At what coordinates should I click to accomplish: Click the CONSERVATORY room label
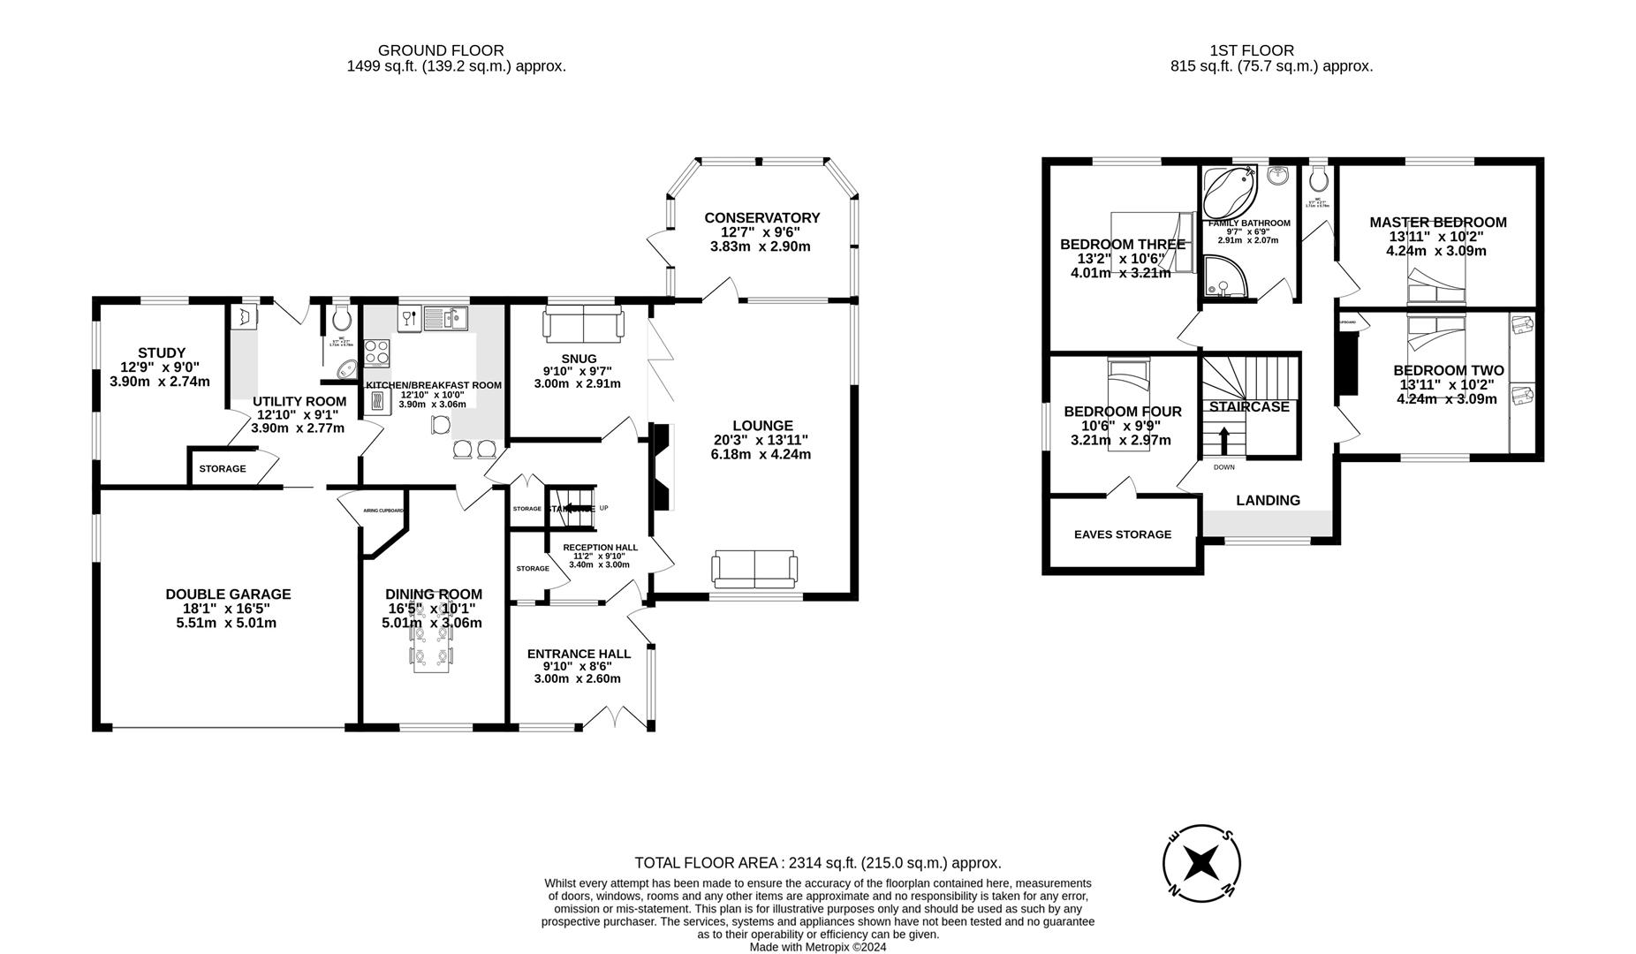761,218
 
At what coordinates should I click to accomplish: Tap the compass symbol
1201,863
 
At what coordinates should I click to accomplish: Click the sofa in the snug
582,324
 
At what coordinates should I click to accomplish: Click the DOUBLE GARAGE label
228,594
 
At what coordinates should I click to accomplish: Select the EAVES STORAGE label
1122,534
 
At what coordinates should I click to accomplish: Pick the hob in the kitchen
377,352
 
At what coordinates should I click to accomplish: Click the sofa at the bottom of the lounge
754,570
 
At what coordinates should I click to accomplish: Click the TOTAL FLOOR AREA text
817,863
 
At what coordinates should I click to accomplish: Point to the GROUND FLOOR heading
440,50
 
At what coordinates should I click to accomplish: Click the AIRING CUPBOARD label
383,511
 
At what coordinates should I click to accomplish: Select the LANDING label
1268,500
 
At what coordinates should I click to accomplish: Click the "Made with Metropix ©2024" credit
817,947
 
